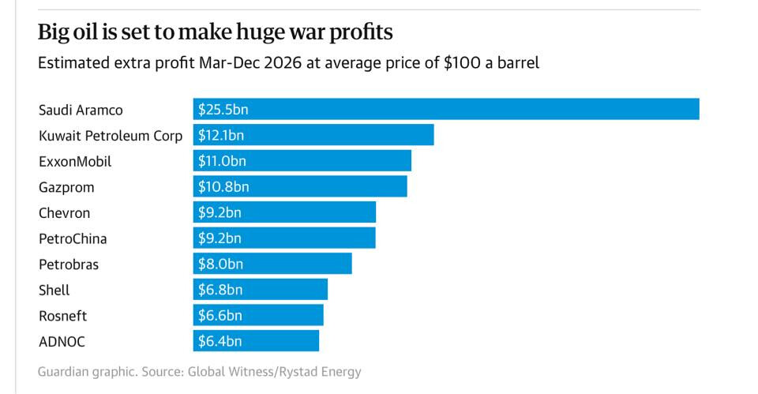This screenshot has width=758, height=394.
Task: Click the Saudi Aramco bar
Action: (x=446, y=109)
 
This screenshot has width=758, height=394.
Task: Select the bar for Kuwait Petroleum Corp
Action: (x=313, y=135)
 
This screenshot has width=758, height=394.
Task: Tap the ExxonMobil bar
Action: (x=302, y=161)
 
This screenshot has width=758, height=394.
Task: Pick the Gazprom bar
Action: (x=300, y=186)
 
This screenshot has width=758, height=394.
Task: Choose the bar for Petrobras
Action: (x=272, y=264)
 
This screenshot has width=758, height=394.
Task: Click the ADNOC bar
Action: (x=256, y=341)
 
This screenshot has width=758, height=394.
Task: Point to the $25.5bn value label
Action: (x=223, y=109)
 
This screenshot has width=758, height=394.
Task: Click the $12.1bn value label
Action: (x=221, y=135)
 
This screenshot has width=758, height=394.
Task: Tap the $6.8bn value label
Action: (x=220, y=290)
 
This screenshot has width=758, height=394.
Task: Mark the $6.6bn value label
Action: (x=220, y=316)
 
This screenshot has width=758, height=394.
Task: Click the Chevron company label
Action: (x=65, y=213)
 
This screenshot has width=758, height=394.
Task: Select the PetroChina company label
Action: (x=73, y=238)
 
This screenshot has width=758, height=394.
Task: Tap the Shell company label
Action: (x=54, y=290)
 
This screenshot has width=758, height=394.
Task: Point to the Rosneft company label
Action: (x=63, y=316)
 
